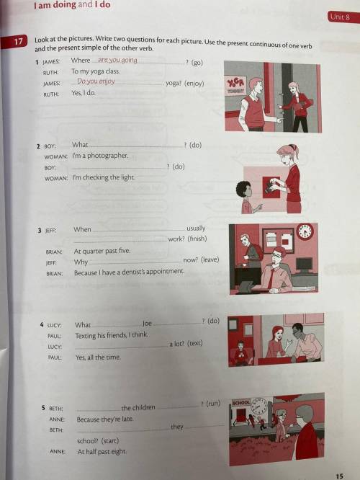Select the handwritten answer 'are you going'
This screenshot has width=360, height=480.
click(117, 60)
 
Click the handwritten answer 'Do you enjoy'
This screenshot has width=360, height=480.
click(96, 81)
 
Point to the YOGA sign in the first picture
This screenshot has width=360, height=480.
click(235, 83)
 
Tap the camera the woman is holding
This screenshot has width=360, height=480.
click(271, 187)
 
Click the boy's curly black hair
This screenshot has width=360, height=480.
click(243, 188)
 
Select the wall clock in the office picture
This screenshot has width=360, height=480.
click(305, 232)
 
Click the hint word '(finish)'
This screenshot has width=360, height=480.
click(197, 239)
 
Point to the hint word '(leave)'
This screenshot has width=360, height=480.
click(210, 260)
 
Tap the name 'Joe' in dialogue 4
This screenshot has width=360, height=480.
click(147, 324)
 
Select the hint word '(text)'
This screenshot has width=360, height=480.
click(195, 343)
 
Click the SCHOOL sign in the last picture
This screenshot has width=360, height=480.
click(242, 403)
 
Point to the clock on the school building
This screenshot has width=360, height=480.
click(258, 406)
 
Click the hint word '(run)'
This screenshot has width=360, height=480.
click(213, 404)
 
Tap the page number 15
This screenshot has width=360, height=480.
click(340, 476)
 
